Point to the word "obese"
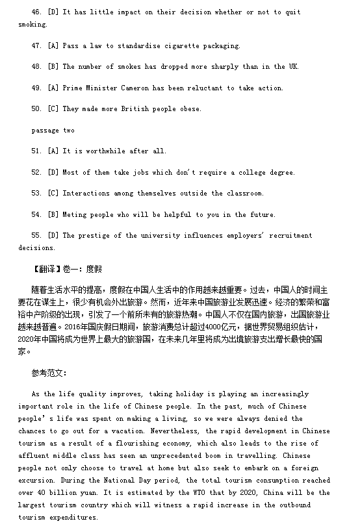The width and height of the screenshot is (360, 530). tap(188, 108)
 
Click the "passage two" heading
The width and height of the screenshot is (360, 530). tap(53, 130)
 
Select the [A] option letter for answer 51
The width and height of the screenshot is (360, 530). tap(53, 151)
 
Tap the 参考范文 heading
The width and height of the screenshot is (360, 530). tap(49, 373)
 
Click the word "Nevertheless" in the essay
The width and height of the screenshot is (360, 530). tap(177, 430)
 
